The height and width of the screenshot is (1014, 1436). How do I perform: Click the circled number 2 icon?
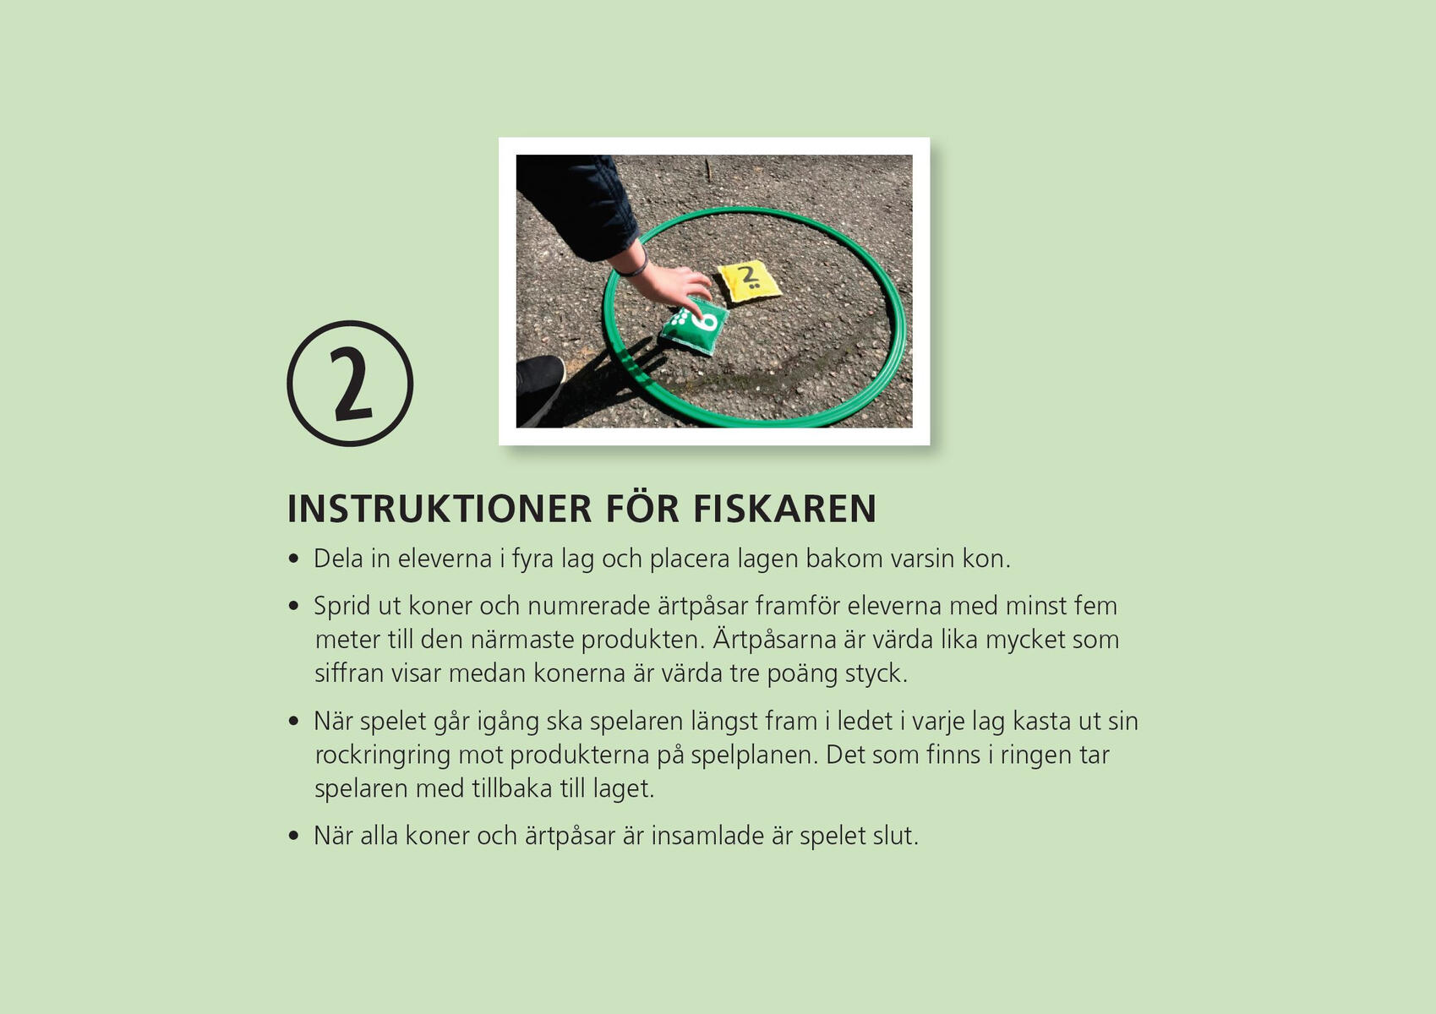[x=350, y=384]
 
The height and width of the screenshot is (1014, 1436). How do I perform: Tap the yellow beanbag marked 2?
[x=749, y=281]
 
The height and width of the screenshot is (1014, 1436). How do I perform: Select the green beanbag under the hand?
[x=694, y=326]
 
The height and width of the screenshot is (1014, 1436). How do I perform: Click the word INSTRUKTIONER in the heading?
[x=440, y=509]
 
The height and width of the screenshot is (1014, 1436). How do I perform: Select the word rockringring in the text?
[x=383, y=756]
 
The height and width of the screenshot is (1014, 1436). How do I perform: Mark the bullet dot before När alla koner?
[x=293, y=836]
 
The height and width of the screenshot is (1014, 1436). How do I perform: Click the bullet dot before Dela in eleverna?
[x=293, y=559]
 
